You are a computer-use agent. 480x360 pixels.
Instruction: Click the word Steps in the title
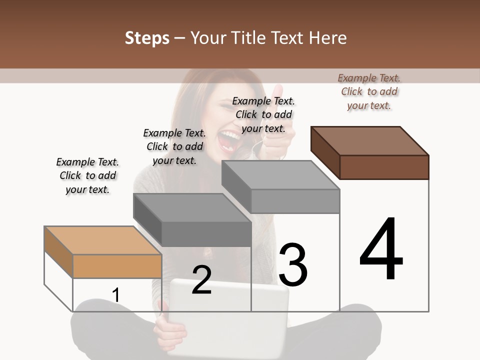coord(147,38)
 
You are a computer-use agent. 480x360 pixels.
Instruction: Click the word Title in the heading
coord(249,38)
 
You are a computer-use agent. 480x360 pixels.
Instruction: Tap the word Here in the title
coord(328,38)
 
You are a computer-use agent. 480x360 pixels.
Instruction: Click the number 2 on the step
coord(201,279)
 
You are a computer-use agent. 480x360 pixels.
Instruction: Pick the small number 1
coord(116,295)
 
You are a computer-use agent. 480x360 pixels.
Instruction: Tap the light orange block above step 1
coord(102,240)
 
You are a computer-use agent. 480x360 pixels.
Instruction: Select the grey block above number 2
coord(192,207)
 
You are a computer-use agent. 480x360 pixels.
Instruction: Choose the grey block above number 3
coord(280,175)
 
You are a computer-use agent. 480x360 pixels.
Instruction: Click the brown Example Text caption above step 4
coord(369,91)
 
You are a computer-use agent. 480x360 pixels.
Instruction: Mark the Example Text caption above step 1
coord(87,175)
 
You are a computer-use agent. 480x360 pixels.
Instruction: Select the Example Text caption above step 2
coord(174,146)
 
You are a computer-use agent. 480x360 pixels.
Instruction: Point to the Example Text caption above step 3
coord(263,114)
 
